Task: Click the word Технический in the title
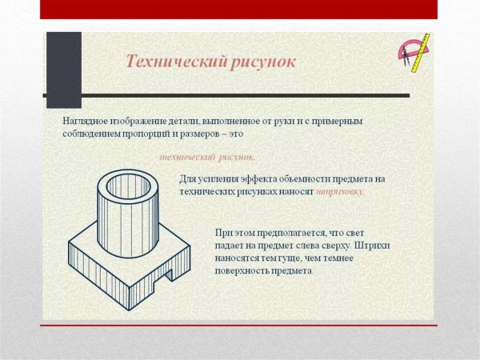point(166,61)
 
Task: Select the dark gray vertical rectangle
point(64,70)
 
